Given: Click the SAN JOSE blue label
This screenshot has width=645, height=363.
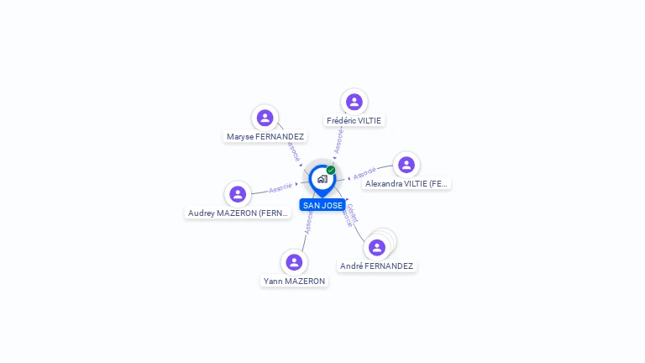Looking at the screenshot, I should coord(322,205).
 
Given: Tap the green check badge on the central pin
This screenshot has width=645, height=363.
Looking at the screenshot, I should coord(331,170).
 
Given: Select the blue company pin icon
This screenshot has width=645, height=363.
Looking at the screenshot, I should coord(322,179).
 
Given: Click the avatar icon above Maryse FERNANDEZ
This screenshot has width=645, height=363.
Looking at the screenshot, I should coord(265,118).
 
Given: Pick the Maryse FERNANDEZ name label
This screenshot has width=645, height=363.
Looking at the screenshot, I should coord(265,136).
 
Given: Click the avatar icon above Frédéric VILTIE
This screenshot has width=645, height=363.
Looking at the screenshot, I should coord(354,102).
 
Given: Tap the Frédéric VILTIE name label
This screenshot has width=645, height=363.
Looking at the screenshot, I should coord(354,120).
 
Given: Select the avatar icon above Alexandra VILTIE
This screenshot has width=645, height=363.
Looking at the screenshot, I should coord(406,165).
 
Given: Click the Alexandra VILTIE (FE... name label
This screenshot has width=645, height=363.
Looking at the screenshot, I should coord(407,183).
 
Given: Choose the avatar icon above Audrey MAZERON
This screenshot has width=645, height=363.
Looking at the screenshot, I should coord(238,194).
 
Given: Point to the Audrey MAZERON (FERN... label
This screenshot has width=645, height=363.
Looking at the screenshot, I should coord(239,213).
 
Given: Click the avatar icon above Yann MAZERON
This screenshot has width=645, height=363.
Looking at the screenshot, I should coord(293,262).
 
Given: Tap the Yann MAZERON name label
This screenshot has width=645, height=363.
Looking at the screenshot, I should coord(294,281).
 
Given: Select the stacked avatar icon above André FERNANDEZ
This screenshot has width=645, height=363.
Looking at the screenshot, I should coord(377,247).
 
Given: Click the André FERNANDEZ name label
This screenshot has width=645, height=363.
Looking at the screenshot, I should coord(376,266).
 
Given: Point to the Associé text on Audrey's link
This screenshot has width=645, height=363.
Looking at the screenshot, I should coord(281,187).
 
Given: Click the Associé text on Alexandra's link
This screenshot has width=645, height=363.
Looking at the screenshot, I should coord(364,174).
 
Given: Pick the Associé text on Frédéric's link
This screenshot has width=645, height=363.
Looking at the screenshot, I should coord(338,140).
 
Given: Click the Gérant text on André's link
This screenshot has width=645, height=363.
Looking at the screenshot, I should coord(353,210).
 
